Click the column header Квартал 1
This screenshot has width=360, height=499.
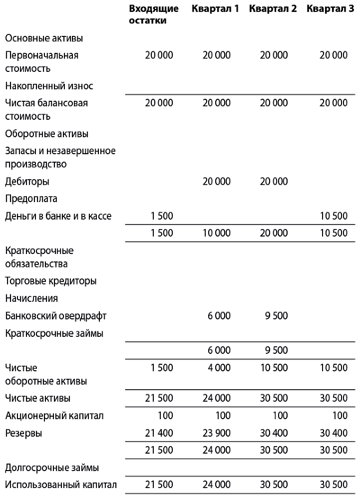tap(215, 9)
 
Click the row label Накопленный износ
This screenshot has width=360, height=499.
tap(49, 86)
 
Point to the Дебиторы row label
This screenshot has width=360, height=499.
tap(27, 181)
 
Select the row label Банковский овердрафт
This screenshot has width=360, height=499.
tap(55, 316)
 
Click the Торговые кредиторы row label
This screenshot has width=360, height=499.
tap(50, 281)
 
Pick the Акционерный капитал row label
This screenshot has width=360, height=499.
tap(54, 416)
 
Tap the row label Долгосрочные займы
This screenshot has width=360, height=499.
tap(52, 468)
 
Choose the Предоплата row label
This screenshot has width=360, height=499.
tap(31, 199)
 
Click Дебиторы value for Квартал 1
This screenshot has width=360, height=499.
tap(217, 181)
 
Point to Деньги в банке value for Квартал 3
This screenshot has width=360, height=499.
tap(334, 216)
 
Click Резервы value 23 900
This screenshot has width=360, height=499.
tap(217, 433)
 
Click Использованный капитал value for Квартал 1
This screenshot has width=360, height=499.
tap(217, 485)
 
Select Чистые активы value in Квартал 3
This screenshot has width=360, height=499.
tap(334, 398)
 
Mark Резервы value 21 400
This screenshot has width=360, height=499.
tap(159, 433)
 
